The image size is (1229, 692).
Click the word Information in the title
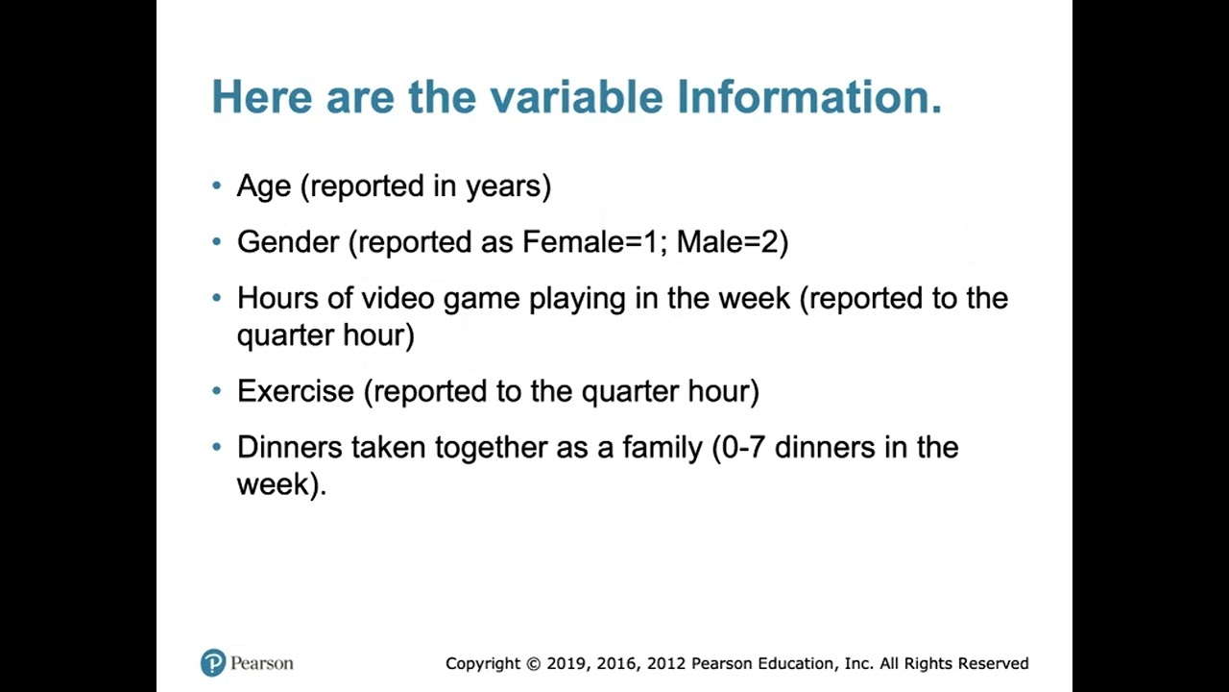tap(808, 98)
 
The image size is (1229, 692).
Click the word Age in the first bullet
tap(263, 186)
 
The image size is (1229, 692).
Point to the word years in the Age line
tap(507, 186)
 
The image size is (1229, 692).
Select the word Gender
tap(288, 242)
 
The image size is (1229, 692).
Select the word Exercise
tap(295, 391)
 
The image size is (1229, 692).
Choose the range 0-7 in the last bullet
tap(743, 447)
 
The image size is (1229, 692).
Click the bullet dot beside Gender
tap(217, 242)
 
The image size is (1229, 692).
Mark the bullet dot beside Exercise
tap(217, 391)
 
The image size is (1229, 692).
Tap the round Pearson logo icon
tap(213, 663)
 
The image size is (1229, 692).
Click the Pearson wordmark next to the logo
tap(261, 663)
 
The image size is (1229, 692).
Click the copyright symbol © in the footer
tap(533, 663)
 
